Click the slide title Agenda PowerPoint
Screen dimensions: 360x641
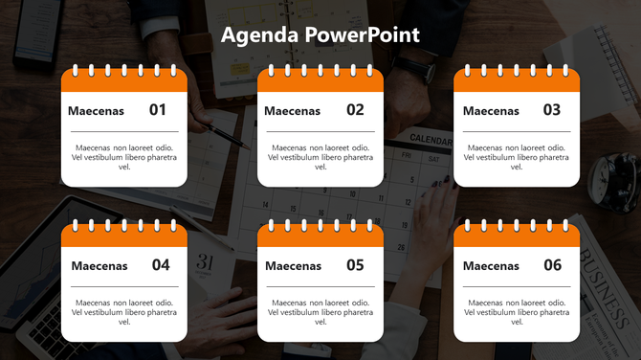pyautogui.click(x=320, y=35)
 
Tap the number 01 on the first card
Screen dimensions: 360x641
pyautogui.click(x=158, y=110)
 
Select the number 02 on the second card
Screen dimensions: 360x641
pyautogui.click(x=355, y=110)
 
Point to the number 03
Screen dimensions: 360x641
pyautogui.click(x=552, y=110)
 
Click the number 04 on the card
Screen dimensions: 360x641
pyautogui.click(x=161, y=265)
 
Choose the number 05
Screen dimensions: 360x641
pyautogui.click(x=355, y=265)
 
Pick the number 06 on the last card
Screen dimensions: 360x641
pyautogui.click(x=552, y=265)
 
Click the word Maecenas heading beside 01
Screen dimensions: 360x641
pyautogui.click(x=97, y=111)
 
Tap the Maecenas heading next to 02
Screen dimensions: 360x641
pyautogui.click(x=293, y=111)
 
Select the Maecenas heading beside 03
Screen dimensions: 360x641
pyautogui.click(x=491, y=111)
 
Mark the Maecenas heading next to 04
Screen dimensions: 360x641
pyautogui.click(x=99, y=266)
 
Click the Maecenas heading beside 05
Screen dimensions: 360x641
pyautogui.click(x=294, y=266)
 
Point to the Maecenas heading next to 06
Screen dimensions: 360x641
pyautogui.click(x=491, y=266)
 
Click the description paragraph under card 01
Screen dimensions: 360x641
pyautogui.click(x=124, y=157)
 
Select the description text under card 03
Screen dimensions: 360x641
pyautogui.click(x=517, y=157)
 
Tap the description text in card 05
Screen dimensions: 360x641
pyautogui.click(x=320, y=312)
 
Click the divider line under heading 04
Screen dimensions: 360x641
pyautogui.click(x=124, y=286)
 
